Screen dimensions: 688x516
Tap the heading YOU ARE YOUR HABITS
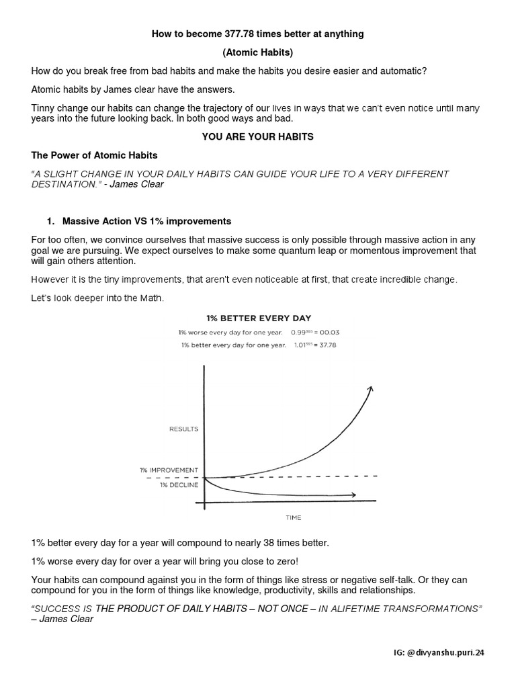(x=258, y=136)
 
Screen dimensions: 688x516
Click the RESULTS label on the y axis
(x=184, y=428)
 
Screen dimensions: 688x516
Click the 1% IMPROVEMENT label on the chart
(x=169, y=470)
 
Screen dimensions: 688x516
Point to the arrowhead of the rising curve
(x=369, y=389)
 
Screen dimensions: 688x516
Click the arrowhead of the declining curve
(x=353, y=495)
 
